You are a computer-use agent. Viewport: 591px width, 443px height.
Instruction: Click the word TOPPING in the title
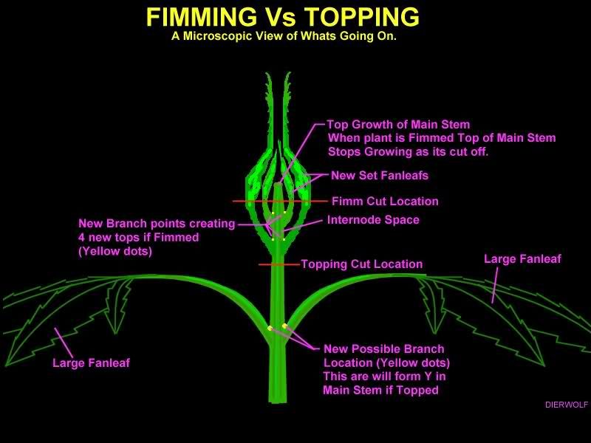tap(361, 17)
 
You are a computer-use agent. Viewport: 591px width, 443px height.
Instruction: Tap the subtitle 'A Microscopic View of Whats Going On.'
tap(284, 36)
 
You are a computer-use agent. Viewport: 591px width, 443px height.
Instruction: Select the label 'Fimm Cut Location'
tap(385, 201)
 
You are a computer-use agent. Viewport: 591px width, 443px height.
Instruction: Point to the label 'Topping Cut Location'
tap(361, 264)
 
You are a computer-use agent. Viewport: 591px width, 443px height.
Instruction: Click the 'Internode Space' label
tap(373, 219)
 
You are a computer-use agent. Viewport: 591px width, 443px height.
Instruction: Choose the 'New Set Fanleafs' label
tap(380, 176)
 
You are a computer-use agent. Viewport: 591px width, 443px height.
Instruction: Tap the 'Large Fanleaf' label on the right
tap(522, 258)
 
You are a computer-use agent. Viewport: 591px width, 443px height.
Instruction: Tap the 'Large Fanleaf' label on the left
tap(91, 363)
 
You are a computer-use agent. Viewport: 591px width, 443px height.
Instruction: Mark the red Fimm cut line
tap(251, 201)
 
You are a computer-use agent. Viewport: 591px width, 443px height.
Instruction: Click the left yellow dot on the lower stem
tap(270, 329)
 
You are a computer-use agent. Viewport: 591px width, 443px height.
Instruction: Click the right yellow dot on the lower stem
tap(284, 326)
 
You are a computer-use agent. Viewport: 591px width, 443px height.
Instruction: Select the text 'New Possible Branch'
tap(384, 348)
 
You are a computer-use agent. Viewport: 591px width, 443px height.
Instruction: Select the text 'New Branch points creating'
tap(157, 223)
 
